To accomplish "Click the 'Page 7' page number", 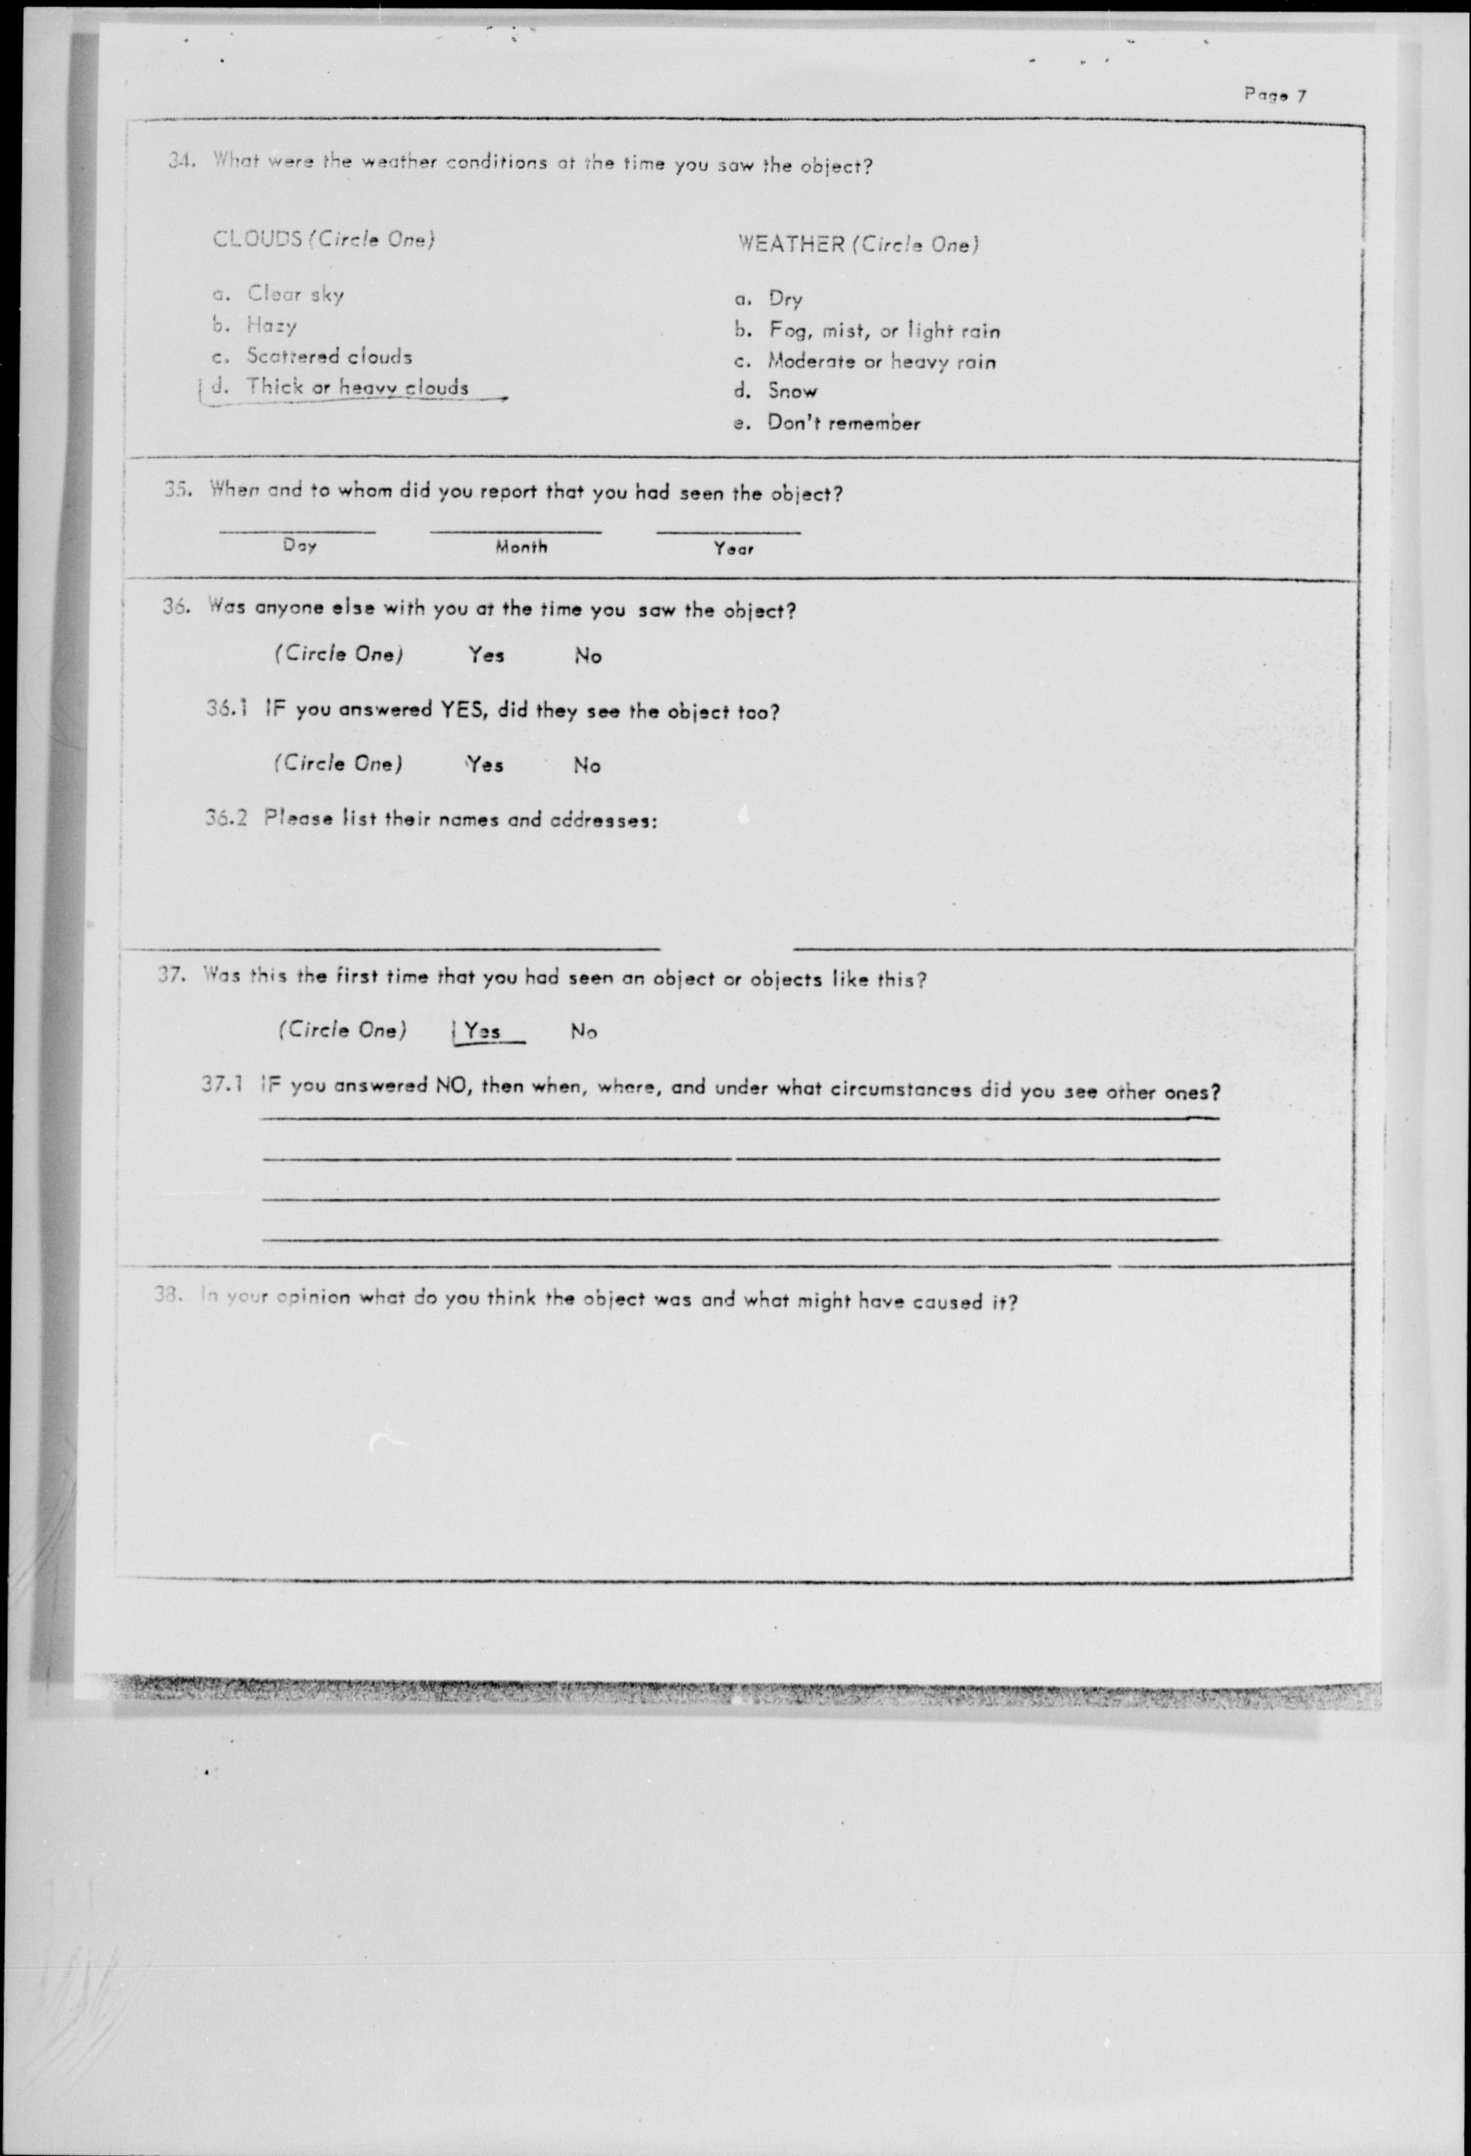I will pyautogui.click(x=1275, y=95).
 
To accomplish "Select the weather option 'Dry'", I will pyautogui.click(x=784, y=299).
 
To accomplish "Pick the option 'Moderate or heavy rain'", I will pyautogui.click(x=881, y=362).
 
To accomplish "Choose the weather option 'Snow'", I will pyautogui.click(x=792, y=392).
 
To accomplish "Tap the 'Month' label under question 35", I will pyautogui.click(x=520, y=547).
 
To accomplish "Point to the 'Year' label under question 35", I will pyautogui.click(x=733, y=549).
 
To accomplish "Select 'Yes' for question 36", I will pyautogui.click(x=486, y=655).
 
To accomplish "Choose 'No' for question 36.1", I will pyautogui.click(x=586, y=765).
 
